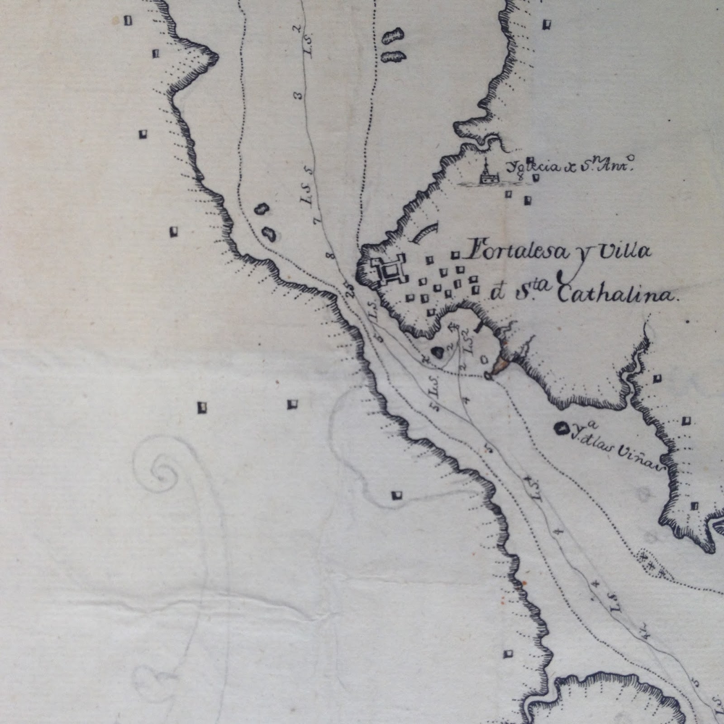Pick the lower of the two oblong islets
[x=392, y=57]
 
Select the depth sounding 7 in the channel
[x=318, y=221]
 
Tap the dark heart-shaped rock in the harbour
[x=437, y=352]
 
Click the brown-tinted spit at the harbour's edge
[x=501, y=361]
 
